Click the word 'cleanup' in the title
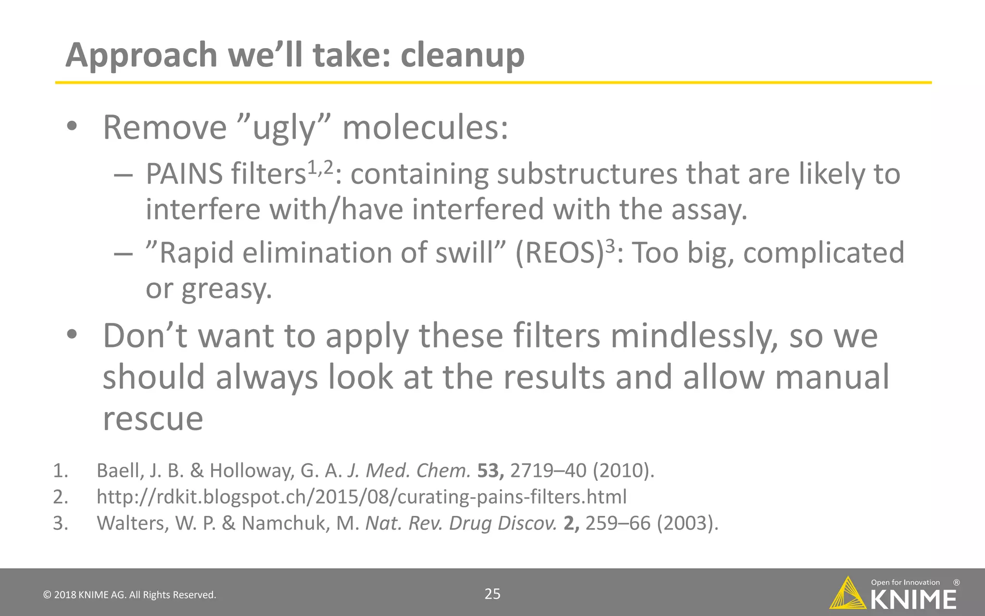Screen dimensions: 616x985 [462, 55]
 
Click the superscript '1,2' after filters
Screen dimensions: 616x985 [320, 167]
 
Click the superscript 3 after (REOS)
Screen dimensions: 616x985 [609, 246]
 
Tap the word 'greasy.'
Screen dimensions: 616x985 [227, 289]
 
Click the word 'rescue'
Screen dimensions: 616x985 [153, 418]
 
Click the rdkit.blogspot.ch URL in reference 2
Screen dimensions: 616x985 [362, 497]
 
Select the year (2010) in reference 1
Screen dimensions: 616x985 [623, 471]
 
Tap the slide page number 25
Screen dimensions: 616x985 [492, 594]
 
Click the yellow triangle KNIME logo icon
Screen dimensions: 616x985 [848, 593]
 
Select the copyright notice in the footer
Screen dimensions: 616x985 [130, 595]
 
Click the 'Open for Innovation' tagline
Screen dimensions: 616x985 [905, 582]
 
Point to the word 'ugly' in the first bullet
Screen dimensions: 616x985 [284, 128]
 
